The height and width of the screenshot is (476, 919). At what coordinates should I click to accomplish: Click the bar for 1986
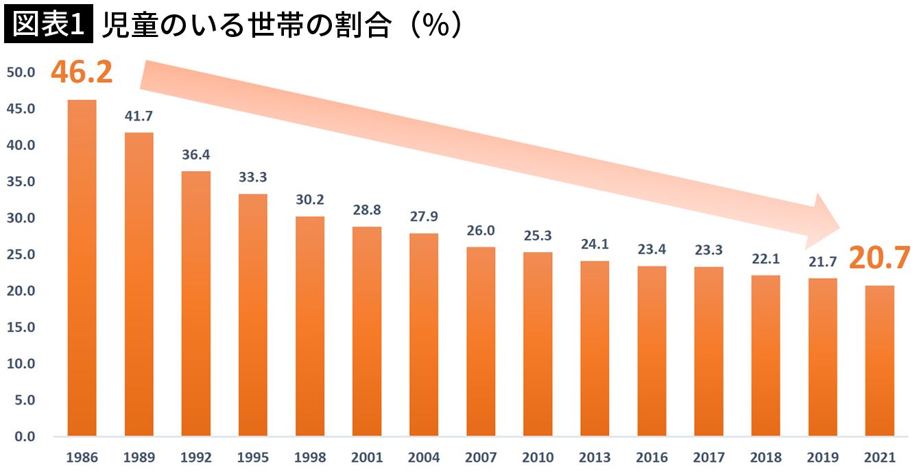82,268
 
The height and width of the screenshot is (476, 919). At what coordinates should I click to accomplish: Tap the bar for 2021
880,360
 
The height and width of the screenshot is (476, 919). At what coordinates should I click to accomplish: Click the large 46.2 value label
82,73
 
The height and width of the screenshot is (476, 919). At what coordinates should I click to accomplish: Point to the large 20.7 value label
880,259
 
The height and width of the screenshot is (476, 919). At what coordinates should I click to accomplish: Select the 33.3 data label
253,177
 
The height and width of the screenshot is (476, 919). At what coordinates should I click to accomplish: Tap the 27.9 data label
424,217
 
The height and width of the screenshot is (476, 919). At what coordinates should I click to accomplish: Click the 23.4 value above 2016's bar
652,250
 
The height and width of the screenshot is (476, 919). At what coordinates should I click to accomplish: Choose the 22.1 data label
766,260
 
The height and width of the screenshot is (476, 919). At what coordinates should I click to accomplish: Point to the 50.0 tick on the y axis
21,73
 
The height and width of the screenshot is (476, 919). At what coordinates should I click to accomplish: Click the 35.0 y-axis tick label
21,182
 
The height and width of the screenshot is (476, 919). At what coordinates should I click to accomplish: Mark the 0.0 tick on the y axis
24,436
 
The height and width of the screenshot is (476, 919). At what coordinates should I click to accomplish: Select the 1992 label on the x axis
196,457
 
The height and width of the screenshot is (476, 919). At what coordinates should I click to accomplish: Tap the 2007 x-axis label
481,457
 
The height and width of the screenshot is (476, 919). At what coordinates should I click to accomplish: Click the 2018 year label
766,457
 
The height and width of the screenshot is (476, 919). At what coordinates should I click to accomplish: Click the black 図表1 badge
47,25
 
